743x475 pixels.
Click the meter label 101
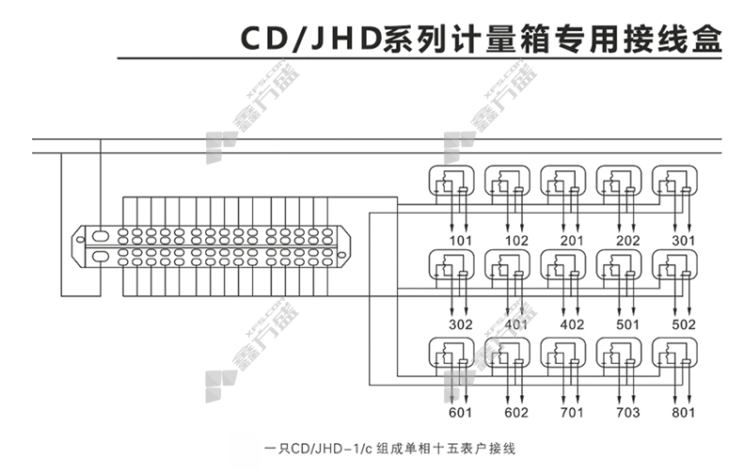(461, 241)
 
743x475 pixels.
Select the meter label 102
(516, 241)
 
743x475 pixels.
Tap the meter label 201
(572, 241)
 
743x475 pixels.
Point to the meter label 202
(627, 241)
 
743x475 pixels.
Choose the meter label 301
(684, 241)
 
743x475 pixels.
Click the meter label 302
(461, 325)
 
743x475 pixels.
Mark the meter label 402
(572, 325)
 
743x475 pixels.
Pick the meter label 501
(627, 325)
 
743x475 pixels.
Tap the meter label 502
(684, 325)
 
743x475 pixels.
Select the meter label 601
(461, 412)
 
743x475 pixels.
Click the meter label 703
(627, 412)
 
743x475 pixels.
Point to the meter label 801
(684, 412)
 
